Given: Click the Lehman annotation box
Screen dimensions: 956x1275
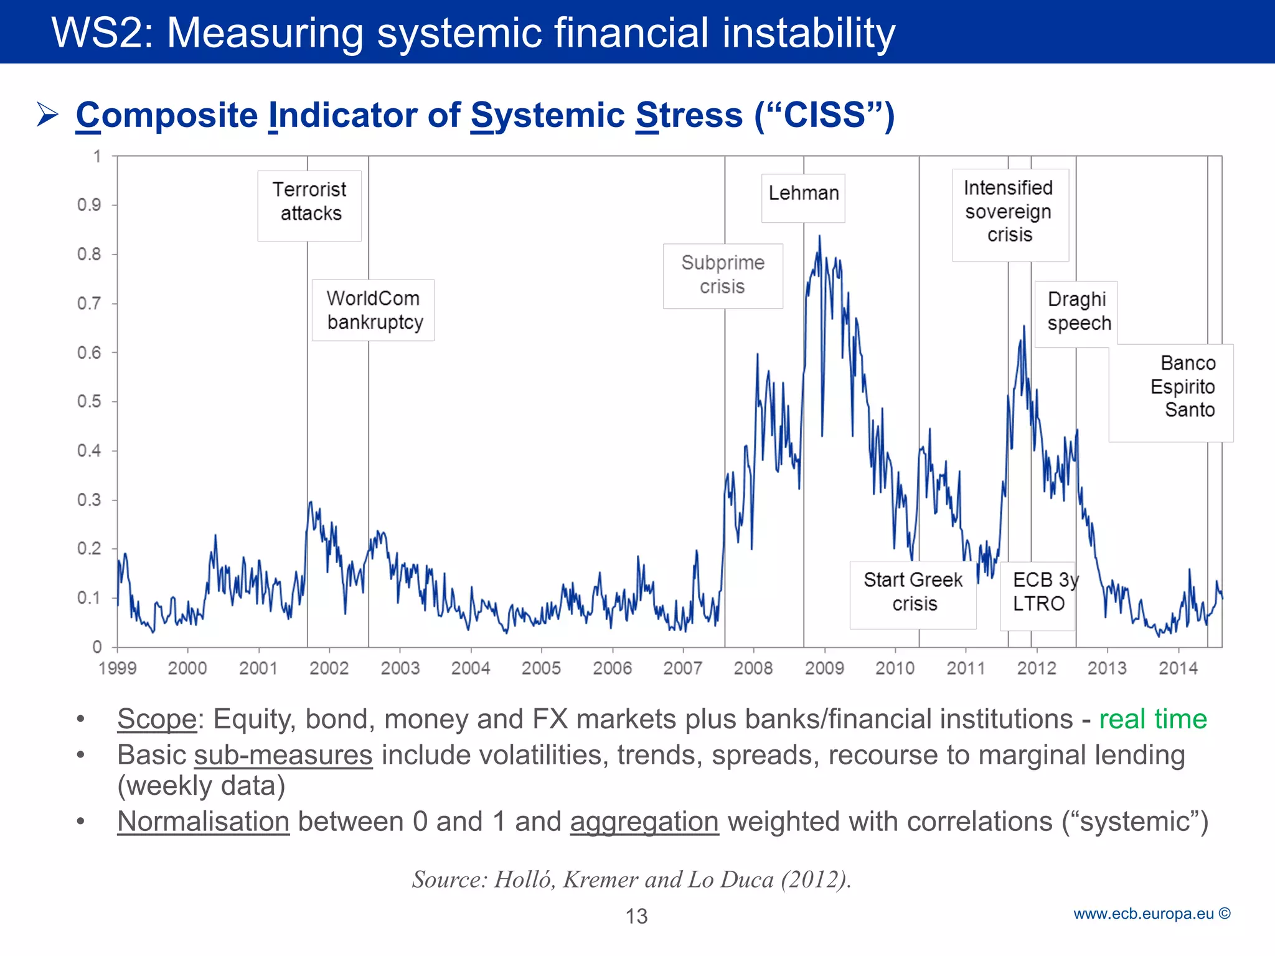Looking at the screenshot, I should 803,198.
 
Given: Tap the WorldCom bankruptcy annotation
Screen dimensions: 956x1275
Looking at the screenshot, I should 373,310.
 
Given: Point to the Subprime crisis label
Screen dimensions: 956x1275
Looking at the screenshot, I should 723,276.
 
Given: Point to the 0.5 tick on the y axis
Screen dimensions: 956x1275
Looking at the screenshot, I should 89,401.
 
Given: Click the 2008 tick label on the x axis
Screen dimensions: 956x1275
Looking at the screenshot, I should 753,668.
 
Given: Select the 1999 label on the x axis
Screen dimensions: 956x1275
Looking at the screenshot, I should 118,668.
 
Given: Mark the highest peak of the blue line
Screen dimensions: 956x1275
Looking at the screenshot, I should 819,236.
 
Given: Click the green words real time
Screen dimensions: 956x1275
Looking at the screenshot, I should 1152,719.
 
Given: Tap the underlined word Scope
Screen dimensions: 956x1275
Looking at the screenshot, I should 157,719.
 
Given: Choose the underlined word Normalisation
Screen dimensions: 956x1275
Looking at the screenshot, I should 204,822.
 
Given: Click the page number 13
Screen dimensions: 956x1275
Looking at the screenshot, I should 636,916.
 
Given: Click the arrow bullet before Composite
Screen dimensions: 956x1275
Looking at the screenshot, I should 48,115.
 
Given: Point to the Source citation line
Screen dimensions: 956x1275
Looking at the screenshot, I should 631,879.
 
